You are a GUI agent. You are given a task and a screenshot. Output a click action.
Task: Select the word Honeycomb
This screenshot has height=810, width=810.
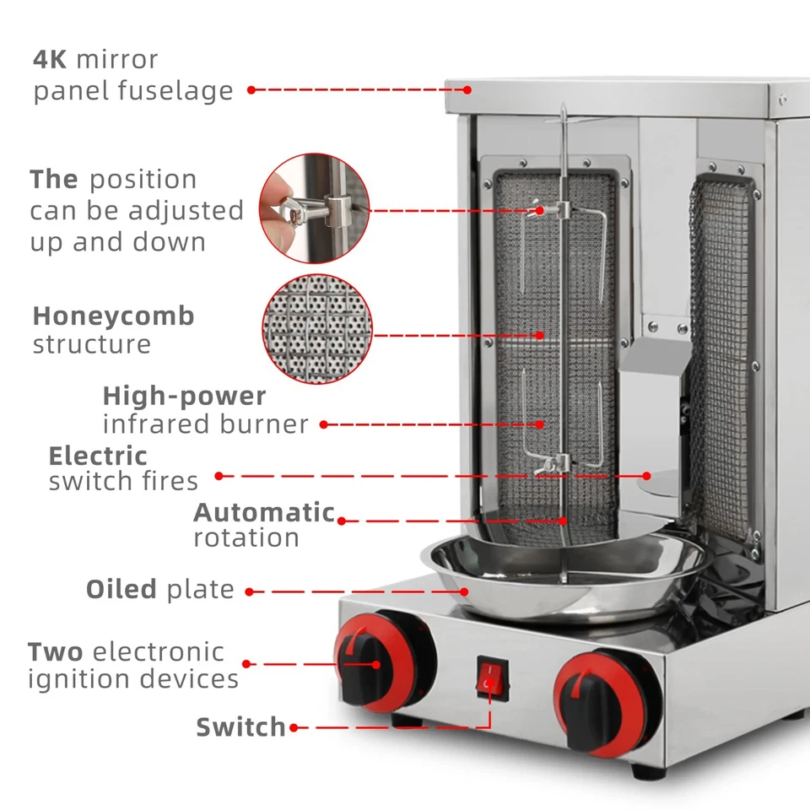tap(114, 316)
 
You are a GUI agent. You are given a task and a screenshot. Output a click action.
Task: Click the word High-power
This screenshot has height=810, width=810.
tap(184, 396)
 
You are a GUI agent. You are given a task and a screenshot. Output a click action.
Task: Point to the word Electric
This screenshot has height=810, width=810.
tap(98, 456)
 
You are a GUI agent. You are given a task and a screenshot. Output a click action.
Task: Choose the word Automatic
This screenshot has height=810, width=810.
tap(264, 512)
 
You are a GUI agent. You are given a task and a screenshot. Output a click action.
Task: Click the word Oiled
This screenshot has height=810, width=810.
tap(121, 589)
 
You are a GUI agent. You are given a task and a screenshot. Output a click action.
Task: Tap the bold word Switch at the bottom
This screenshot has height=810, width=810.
tap(241, 726)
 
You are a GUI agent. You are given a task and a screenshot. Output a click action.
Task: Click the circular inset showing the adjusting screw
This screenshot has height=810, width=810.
tap(314, 208)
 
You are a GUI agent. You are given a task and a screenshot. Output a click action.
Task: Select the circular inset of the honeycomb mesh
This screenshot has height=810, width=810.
tap(316, 329)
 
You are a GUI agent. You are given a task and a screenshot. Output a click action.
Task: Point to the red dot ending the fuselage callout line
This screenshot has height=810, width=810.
tap(251, 89)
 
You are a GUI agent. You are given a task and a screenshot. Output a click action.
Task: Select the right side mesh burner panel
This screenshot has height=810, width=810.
tap(720, 354)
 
